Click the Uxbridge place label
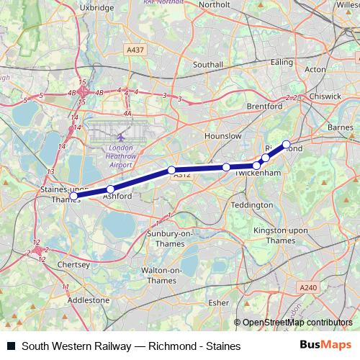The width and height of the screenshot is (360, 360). pyautogui.click(x=99, y=7)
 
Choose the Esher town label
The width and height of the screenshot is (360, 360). pyautogui.click(x=217, y=303)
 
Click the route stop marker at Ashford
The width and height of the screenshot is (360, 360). pyautogui.click(x=110, y=189)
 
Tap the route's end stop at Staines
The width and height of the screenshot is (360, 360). pyautogui.click(x=73, y=195)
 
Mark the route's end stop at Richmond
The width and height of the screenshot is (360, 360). pyautogui.click(x=287, y=144)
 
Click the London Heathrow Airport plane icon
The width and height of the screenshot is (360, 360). pyautogui.click(x=121, y=136)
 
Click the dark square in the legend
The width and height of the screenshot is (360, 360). pyautogui.click(x=10, y=346)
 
